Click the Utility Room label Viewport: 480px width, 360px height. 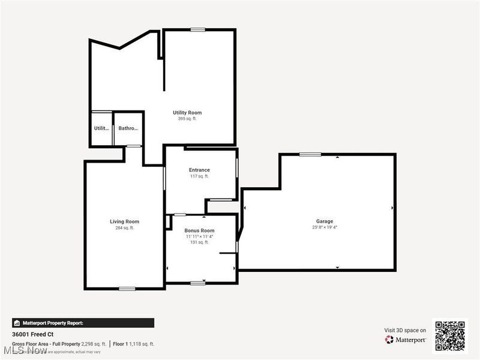pos(187,113)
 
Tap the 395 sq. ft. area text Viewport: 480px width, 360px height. pos(187,119)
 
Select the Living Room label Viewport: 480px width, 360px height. pos(124,221)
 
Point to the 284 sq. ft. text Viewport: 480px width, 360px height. pos(124,228)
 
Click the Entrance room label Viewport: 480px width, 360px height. pos(199,170)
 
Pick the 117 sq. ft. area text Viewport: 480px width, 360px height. pos(199,176)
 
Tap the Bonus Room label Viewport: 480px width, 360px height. pos(199,230)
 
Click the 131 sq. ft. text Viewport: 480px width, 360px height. pos(199,242)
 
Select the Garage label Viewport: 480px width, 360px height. pos(325,221)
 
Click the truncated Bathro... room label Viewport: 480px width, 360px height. pos(128,128)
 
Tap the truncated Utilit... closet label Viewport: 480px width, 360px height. pos(101,128)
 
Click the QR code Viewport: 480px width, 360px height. pos(450,335)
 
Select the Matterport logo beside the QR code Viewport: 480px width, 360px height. pos(406,340)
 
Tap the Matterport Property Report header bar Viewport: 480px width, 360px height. pos(83,323)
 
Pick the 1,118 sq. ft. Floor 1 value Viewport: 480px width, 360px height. pos(143,344)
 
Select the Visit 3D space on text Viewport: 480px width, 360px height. pos(405,330)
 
